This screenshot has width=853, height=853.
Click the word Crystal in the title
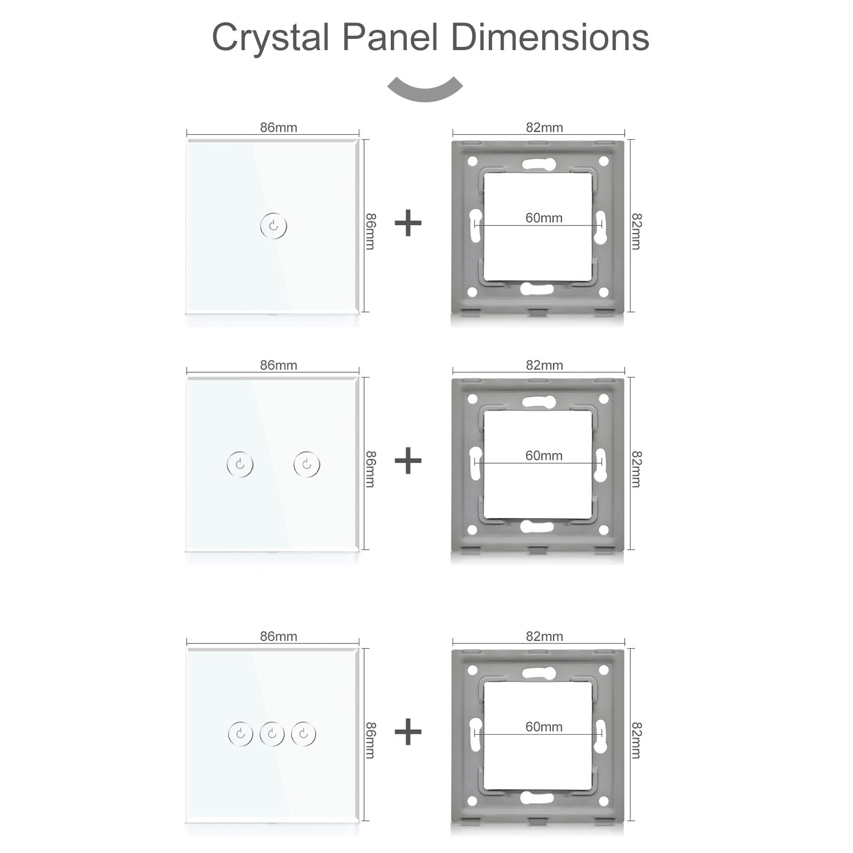(270, 37)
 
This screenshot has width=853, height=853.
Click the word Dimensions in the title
(550, 37)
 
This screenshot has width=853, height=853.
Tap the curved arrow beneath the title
(425, 89)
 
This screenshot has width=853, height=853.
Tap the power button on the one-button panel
(273, 226)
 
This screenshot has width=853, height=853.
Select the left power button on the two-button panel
(240, 464)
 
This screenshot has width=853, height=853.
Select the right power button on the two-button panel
(307, 464)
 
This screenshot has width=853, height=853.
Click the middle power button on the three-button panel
(272, 735)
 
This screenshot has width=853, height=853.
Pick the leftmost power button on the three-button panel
(240, 735)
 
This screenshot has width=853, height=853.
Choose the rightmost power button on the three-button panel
(303, 735)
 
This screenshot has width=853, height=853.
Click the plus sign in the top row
(408, 223)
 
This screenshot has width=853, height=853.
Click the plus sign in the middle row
(408, 461)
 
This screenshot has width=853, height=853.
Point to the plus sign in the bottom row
(408, 731)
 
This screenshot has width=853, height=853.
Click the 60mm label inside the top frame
(544, 218)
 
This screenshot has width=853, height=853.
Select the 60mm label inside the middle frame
(544, 455)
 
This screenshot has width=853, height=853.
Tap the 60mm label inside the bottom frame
(544, 727)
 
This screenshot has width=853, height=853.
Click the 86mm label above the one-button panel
(278, 127)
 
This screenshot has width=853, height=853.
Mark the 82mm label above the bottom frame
(544, 636)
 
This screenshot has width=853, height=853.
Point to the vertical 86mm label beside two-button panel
(371, 469)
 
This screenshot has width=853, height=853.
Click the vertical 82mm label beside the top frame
(636, 231)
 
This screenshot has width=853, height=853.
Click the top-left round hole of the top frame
(472, 161)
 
